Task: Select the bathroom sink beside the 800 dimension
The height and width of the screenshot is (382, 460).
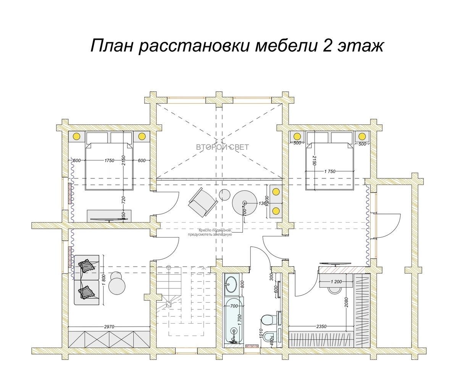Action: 231,283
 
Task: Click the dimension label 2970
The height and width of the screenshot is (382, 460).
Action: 110,327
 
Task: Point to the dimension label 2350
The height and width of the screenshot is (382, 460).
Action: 321,327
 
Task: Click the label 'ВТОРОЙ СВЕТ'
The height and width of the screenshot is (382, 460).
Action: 222,147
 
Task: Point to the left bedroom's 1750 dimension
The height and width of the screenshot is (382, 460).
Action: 110,160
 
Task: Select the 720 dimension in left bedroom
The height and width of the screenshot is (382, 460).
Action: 123,200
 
